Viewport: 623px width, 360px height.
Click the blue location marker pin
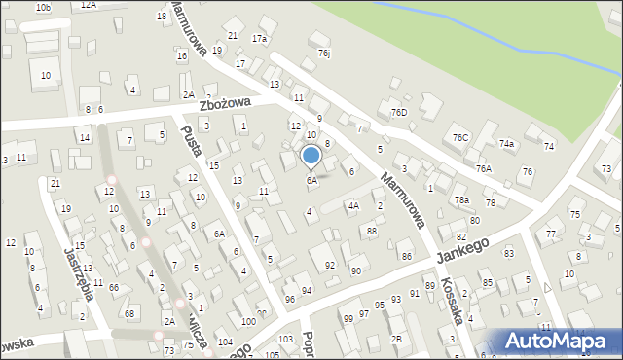[311, 157]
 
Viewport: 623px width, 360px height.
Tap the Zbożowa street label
[226, 102]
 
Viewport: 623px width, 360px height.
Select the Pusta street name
[191, 151]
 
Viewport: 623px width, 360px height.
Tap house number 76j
[324, 54]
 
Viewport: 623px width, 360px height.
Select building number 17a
[259, 39]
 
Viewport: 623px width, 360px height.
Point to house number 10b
[43, 8]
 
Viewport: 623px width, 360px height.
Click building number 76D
[399, 112]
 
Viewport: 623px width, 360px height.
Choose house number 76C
[460, 138]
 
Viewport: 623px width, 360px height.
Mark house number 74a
[506, 143]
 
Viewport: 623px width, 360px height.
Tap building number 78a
[461, 200]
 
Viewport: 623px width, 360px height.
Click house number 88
[372, 231]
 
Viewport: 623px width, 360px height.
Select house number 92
[330, 265]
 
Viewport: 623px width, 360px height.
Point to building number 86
[406, 256]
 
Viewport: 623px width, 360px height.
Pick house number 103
[285, 339]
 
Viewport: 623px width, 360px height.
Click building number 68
[128, 312]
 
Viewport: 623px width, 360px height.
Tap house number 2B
[396, 339]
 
